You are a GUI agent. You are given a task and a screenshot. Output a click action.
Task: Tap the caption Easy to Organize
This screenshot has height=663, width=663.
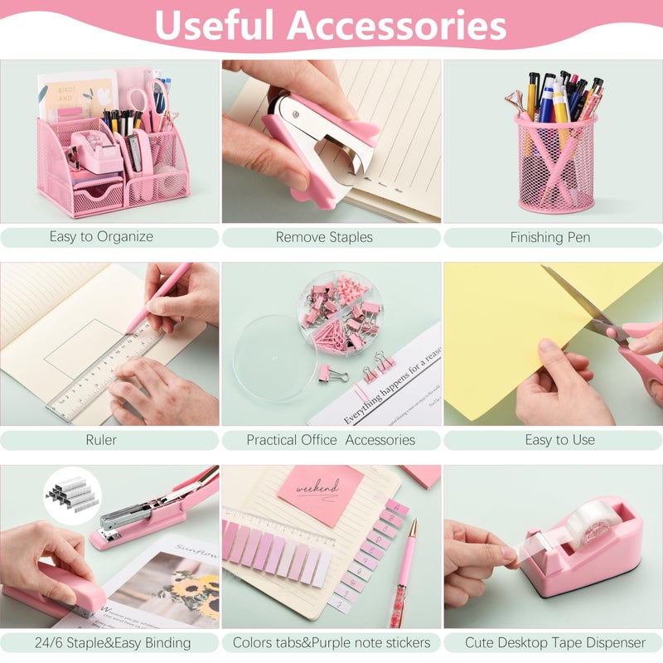pos(101,237)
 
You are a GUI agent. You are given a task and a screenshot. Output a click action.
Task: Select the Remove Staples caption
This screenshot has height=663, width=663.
pos(324,237)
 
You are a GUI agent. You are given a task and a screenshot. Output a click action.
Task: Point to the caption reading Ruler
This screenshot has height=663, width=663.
pos(101,440)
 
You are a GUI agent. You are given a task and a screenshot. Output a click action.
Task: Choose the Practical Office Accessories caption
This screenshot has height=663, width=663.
pos(331,440)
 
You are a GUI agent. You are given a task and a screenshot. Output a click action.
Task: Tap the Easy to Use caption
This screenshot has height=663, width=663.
pos(559,440)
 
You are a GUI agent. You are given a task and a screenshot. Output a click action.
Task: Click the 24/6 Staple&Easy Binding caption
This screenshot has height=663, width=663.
pos(102,642)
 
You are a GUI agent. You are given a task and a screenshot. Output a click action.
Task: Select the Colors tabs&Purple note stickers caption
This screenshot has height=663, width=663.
pos(331,642)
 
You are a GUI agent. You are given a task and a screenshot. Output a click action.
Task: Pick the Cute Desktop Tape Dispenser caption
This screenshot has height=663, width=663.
pos(554,642)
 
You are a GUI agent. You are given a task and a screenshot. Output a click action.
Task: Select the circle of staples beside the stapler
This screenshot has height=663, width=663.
pos(72,496)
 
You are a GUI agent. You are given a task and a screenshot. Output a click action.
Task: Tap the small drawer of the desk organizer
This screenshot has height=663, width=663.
pos(98,196)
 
